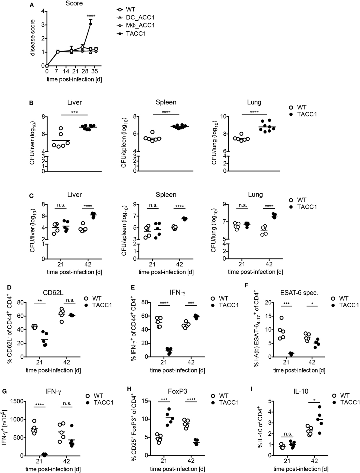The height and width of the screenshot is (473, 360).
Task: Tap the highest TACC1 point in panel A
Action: (91, 24)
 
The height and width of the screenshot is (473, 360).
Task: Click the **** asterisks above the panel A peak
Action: (91, 16)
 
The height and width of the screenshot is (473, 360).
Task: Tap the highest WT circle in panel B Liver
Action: (61, 128)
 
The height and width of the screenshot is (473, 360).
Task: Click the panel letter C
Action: (32, 195)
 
